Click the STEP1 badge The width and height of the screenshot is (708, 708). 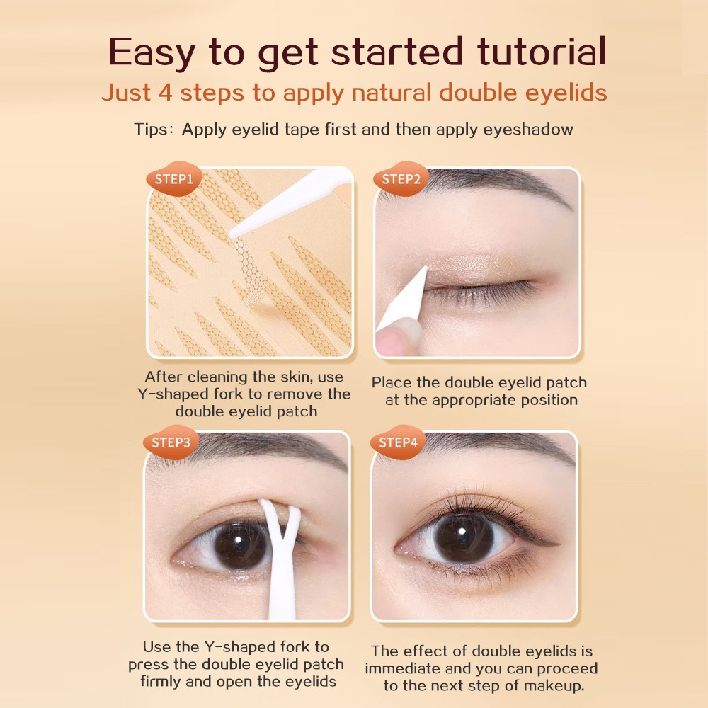(174, 179)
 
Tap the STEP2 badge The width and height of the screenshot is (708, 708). (401, 179)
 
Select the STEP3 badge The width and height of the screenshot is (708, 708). (171, 442)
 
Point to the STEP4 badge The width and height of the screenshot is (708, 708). (398, 442)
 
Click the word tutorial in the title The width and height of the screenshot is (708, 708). (542, 52)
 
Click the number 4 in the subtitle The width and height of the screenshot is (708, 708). (165, 93)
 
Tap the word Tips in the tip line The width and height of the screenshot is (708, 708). (150, 130)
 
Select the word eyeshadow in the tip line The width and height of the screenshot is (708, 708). (528, 130)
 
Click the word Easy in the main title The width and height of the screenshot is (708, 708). (152, 52)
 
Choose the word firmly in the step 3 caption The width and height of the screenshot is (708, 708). (160, 681)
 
